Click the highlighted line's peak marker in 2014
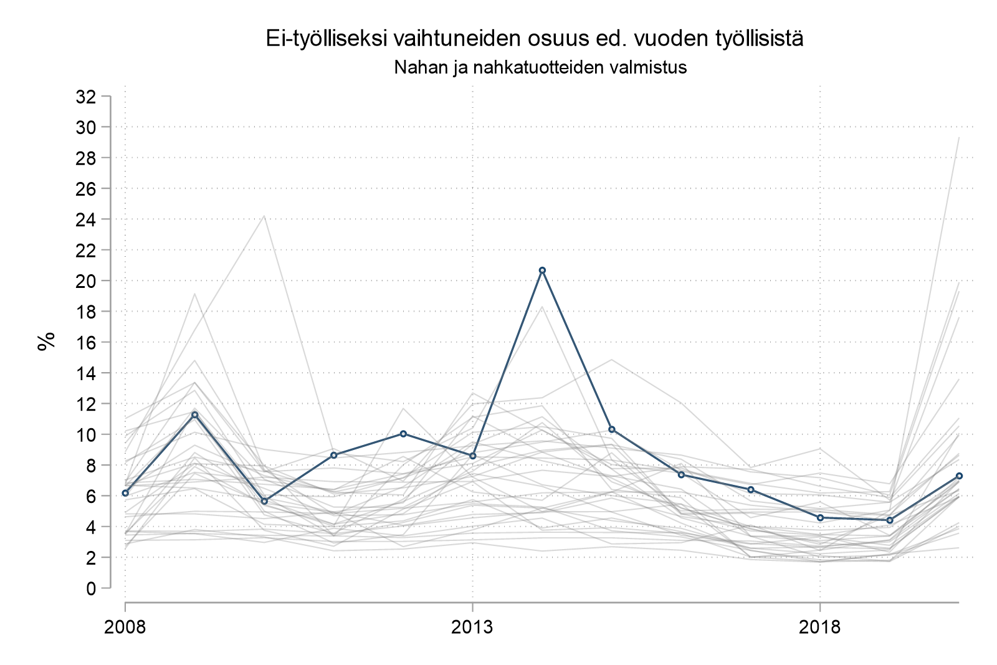542,270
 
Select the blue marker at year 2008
125,493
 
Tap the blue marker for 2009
194,414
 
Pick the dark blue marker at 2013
473,456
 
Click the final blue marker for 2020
960,476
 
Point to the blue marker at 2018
820,517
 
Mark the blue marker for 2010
264,501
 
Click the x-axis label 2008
125,627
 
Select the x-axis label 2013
472,627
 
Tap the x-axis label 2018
819,627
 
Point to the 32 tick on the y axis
85,97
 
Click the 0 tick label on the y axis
91,588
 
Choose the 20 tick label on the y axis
85,281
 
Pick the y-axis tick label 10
85,434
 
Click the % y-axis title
46,342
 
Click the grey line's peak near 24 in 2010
264,216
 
